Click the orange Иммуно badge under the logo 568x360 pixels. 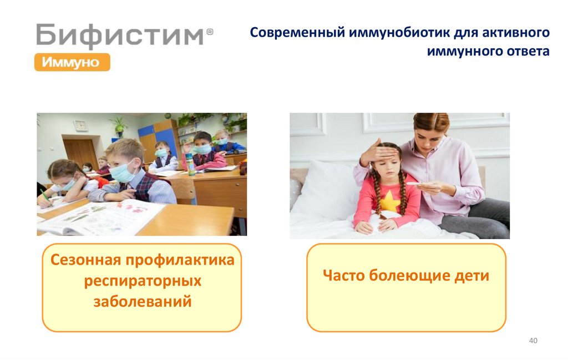[72, 62]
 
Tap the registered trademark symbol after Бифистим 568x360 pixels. [210, 33]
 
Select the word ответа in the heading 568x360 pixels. [526, 52]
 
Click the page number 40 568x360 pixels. [533, 340]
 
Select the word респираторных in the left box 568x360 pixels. [143, 281]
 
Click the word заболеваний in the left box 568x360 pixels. [143, 302]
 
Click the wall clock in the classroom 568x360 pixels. [80, 125]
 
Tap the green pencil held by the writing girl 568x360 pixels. [45, 197]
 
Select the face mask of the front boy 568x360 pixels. [123, 174]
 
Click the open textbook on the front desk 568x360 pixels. [100, 216]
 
